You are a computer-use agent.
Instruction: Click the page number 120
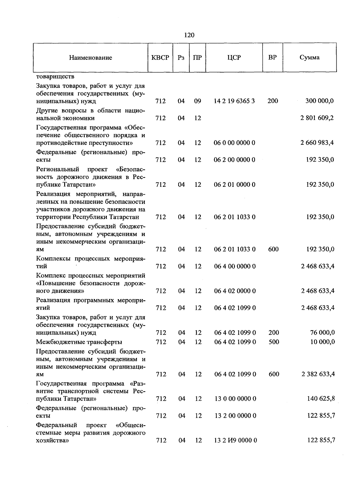(x=189, y=35)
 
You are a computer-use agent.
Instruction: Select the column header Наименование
(x=91, y=58)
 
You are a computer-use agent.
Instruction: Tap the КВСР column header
(x=160, y=58)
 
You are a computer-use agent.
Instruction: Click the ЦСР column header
(x=234, y=58)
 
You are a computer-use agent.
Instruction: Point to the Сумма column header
(x=310, y=58)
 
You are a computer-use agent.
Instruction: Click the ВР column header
(x=272, y=57)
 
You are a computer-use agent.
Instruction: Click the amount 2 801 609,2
(x=317, y=118)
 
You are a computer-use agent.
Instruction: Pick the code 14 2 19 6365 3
(x=234, y=101)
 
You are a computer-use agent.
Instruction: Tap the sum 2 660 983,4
(x=317, y=143)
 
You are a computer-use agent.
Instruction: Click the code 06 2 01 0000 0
(x=235, y=184)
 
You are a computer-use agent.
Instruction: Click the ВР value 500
(x=274, y=342)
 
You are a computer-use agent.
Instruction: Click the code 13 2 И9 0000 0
(x=235, y=440)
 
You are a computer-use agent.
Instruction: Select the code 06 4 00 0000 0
(x=235, y=266)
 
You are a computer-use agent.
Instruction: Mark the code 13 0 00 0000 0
(x=235, y=399)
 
